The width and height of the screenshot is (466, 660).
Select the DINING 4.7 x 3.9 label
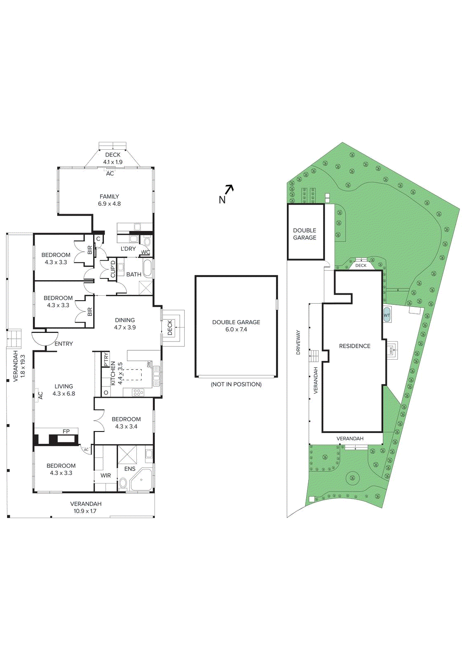click(125, 323)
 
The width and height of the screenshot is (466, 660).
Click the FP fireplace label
click(66, 431)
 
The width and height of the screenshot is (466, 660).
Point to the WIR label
click(106, 476)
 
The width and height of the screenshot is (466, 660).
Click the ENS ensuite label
click(130, 469)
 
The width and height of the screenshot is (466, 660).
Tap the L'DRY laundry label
click(128, 249)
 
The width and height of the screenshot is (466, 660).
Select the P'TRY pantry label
click(106, 359)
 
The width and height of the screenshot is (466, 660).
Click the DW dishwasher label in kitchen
click(148, 365)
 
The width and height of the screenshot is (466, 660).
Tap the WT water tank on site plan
click(386, 315)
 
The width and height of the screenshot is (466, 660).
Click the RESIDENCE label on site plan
click(355, 346)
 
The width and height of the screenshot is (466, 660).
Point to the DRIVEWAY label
click(298, 342)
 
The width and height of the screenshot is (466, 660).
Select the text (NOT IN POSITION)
click(236, 384)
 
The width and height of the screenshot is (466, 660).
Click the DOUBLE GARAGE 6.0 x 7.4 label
click(236, 325)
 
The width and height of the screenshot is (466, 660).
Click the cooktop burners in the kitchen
click(138, 392)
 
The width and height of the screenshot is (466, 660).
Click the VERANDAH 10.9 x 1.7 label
click(86, 507)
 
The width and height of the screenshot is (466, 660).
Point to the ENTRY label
click(64, 344)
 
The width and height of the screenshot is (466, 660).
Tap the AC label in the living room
click(40, 395)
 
